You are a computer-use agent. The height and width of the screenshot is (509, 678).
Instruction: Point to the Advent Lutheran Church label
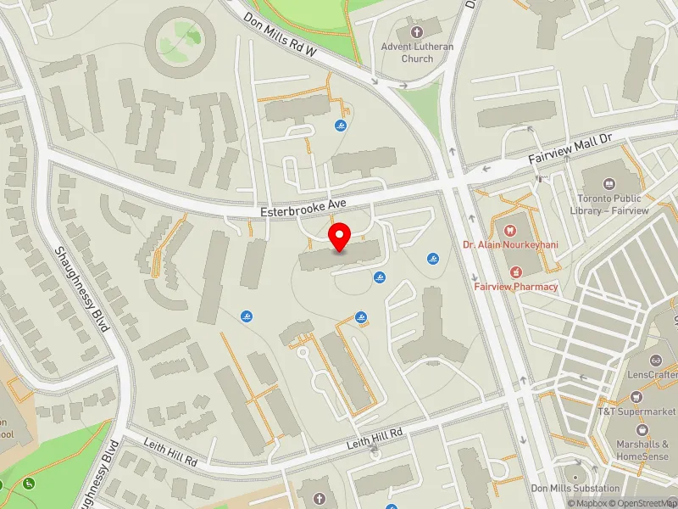417,53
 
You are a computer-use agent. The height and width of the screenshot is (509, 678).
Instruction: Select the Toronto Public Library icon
608,184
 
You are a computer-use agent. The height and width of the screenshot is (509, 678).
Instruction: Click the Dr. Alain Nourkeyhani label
510,244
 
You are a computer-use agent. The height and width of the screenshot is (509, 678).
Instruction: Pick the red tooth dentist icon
510,229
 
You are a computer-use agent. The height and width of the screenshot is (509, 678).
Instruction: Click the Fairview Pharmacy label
516,287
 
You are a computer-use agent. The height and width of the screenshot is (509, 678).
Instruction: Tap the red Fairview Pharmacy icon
515,271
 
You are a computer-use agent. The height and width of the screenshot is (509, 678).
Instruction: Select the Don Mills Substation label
575,489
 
